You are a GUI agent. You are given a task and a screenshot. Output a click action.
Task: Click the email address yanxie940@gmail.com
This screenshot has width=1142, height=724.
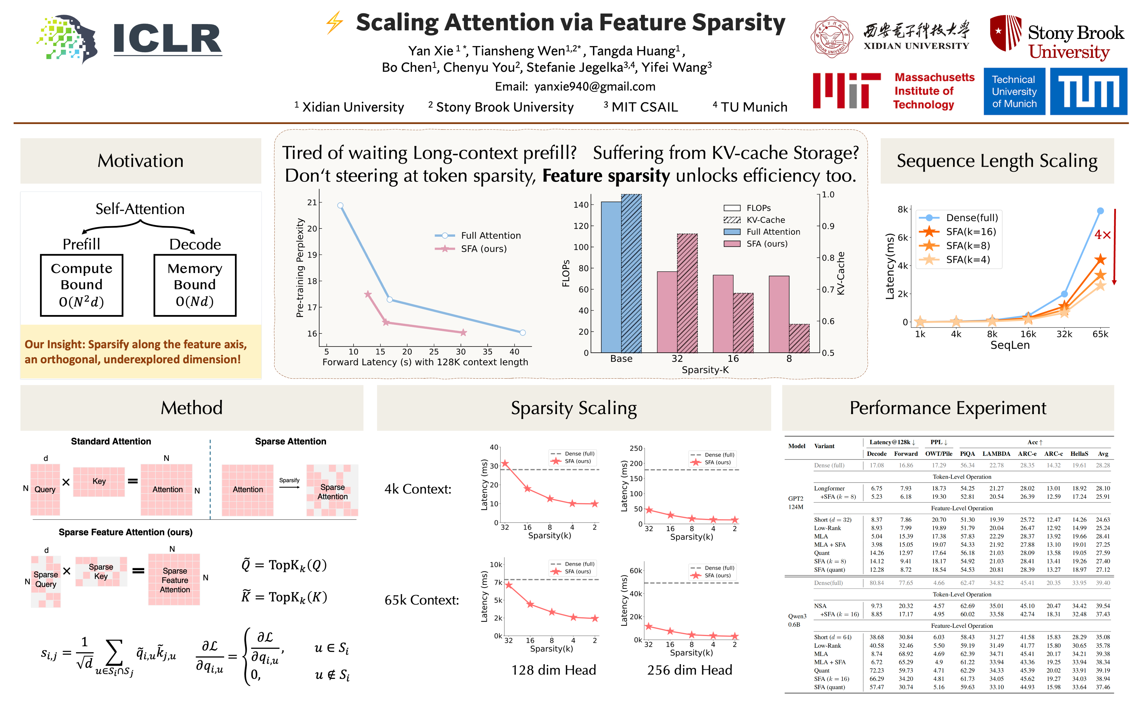click(x=595, y=86)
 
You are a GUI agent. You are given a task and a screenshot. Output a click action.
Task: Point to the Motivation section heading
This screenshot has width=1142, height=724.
click(x=140, y=161)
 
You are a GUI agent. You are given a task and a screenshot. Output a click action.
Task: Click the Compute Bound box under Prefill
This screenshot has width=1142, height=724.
click(x=82, y=285)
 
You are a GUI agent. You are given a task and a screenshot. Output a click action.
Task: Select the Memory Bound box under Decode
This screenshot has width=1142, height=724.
click(x=195, y=285)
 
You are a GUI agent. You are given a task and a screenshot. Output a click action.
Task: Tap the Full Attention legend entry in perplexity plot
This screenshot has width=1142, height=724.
click(x=478, y=235)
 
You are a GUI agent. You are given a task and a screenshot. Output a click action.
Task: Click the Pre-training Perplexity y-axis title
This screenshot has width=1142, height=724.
click(x=300, y=268)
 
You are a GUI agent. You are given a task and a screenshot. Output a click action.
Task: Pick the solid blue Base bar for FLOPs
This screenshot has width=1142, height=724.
click(x=611, y=277)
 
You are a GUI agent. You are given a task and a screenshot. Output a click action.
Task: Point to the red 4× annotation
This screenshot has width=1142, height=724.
click(x=1103, y=235)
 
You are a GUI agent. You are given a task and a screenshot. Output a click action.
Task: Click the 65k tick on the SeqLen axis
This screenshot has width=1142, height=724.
click(x=1100, y=334)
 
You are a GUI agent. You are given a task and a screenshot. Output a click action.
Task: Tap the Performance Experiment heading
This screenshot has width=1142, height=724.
click(x=948, y=408)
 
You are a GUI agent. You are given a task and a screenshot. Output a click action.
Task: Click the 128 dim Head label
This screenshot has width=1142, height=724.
click(x=554, y=670)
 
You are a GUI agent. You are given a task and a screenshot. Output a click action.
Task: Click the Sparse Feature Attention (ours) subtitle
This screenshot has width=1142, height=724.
click(x=126, y=532)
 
